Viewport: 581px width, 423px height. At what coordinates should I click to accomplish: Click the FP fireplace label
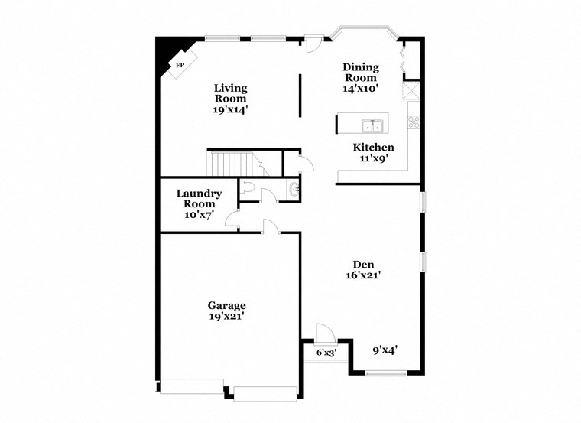[x=180, y=65]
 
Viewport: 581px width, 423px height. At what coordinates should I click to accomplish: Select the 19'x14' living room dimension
[x=230, y=109]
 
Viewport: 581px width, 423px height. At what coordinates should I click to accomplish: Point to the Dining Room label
[x=361, y=72]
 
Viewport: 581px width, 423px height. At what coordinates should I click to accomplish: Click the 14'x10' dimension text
[x=361, y=89]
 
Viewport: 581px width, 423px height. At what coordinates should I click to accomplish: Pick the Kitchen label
[x=373, y=148]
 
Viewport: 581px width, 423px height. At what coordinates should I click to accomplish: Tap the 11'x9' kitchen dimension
[x=373, y=159]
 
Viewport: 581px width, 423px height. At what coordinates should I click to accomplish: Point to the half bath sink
[x=295, y=190]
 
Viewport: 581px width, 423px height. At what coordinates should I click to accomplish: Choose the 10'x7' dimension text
[x=199, y=215]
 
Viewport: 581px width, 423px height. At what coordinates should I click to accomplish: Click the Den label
[x=362, y=265]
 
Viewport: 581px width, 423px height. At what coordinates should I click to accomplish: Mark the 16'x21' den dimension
[x=362, y=277]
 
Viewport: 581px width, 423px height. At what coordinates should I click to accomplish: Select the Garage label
[x=227, y=305]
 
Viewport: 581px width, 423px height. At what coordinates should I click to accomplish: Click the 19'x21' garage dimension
[x=227, y=316]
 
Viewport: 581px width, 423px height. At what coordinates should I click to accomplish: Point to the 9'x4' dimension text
[x=384, y=350]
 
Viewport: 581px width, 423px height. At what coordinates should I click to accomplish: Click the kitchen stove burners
[x=414, y=122]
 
